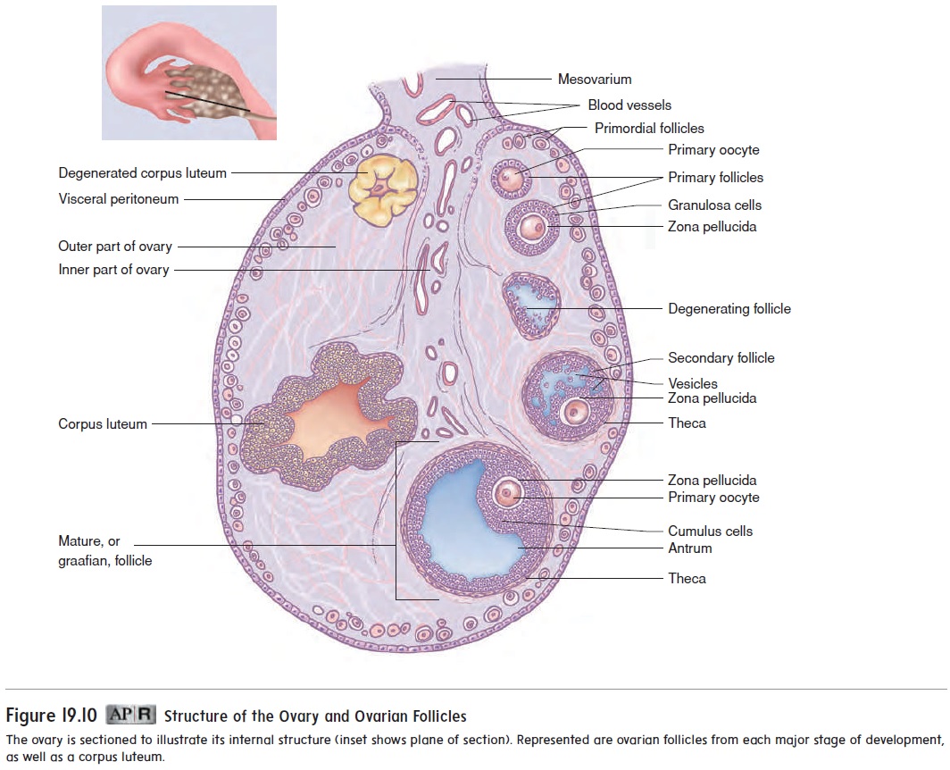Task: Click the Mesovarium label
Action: click(x=594, y=80)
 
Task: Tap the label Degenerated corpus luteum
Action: click(x=142, y=172)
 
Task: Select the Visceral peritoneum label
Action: click(x=118, y=199)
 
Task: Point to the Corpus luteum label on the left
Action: click(x=103, y=424)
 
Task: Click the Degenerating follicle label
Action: click(x=729, y=309)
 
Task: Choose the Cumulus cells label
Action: click(x=710, y=531)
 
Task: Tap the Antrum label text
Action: click(x=689, y=548)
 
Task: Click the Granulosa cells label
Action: click(x=714, y=205)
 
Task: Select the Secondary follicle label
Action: click(x=721, y=358)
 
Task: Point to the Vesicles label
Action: click(x=692, y=384)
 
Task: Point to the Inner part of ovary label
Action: click(x=113, y=270)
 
